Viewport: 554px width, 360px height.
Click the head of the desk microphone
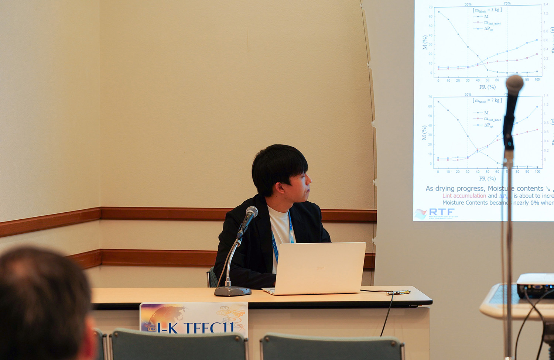252,212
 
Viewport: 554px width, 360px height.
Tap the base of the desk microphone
232,291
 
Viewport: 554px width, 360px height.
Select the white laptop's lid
320,268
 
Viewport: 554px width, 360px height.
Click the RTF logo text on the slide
442,212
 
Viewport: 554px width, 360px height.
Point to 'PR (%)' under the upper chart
487,87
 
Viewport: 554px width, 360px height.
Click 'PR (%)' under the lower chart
487,179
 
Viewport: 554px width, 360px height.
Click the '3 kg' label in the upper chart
496,10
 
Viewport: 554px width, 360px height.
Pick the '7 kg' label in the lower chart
496,100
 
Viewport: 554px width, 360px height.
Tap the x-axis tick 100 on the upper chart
537,80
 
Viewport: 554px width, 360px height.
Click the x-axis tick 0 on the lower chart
438,172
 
